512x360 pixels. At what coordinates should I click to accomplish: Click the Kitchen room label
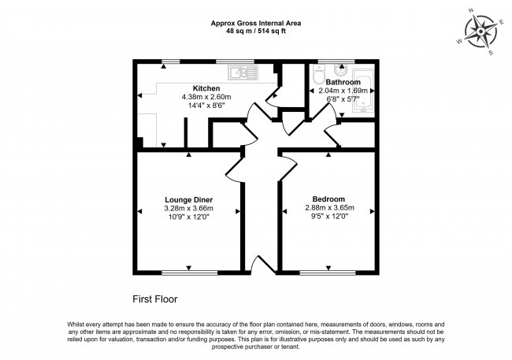(x=206, y=87)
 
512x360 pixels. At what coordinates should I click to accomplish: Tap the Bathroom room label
(x=343, y=82)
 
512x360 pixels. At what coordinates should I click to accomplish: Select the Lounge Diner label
(x=188, y=199)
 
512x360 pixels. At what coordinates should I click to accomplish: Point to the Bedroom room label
(x=328, y=199)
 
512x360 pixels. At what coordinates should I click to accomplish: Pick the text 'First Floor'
(x=154, y=299)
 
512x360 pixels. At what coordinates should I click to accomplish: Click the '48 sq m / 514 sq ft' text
(x=255, y=31)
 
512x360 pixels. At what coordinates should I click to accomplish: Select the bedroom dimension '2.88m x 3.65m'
(x=328, y=208)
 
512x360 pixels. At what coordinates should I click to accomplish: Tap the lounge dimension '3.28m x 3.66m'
(x=188, y=208)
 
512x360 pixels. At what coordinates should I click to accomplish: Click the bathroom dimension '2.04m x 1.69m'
(x=343, y=91)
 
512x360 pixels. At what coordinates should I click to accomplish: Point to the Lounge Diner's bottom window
(x=189, y=273)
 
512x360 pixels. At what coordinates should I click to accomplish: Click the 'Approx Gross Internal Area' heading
(x=255, y=23)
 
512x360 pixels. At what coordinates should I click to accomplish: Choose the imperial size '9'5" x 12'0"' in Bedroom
(x=328, y=217)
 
